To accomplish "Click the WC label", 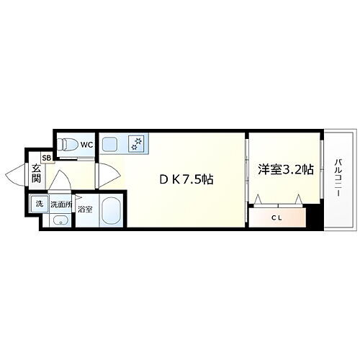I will point(86,144).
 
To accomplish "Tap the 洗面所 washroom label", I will point(60,204).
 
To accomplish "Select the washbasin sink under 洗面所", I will point(59,220).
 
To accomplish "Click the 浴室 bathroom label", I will point(86,210).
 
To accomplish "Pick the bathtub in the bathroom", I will point(110,212).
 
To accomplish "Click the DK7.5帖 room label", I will point(185,179).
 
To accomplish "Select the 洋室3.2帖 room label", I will point(285,170).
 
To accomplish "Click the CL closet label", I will point(276,217).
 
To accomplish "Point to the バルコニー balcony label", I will point(337,177).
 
